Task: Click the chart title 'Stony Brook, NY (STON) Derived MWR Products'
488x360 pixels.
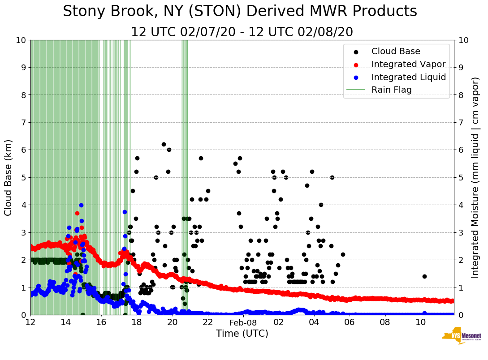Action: pos(240,12)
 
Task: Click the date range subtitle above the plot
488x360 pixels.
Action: pos(242,32)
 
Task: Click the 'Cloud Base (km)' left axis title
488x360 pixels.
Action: pos(9,177)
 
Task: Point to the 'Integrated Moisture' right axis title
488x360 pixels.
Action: pos(475,177)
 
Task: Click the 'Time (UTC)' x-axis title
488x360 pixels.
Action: pos(242,334)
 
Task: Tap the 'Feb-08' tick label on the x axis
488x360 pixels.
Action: pos(243,322)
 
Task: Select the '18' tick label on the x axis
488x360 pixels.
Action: pos(137,322)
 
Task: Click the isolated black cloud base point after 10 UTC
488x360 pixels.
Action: pos(424,276)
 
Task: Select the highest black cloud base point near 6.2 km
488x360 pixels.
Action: pos(164,144)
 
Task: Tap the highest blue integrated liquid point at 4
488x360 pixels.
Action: pos(81,205)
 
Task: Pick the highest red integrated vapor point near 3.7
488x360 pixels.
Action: pos(77,213)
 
